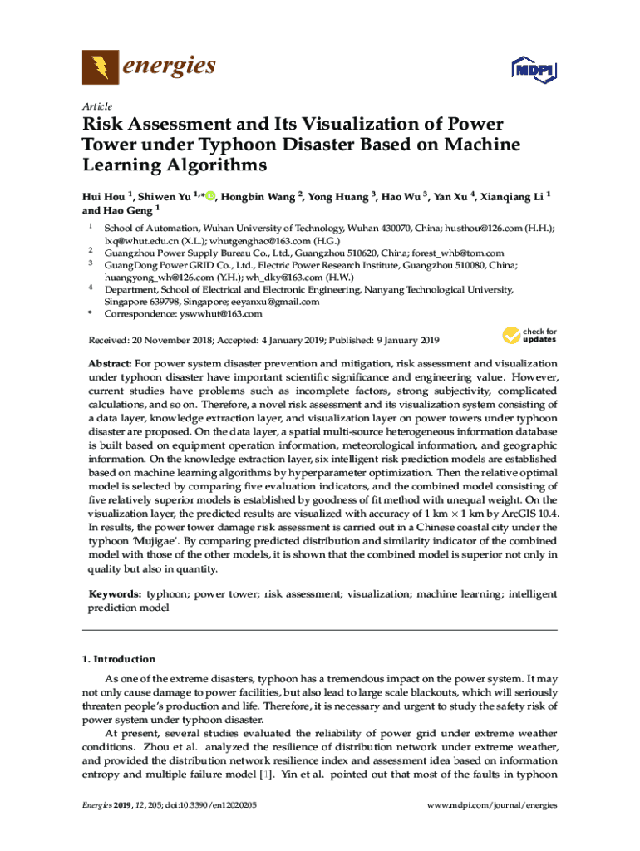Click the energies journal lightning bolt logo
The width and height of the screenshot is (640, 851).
click(96, 66)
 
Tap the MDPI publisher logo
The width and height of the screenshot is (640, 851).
click(532, 70)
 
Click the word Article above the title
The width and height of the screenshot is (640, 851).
click(96, 106)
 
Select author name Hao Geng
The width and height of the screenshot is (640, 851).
click(126, 211)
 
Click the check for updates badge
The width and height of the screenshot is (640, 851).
click(529, 335)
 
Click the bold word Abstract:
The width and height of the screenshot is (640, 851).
click(110, 364)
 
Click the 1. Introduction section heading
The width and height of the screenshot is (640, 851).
click(118, 659)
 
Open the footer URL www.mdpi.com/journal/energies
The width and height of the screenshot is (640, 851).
click(491, 805)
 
